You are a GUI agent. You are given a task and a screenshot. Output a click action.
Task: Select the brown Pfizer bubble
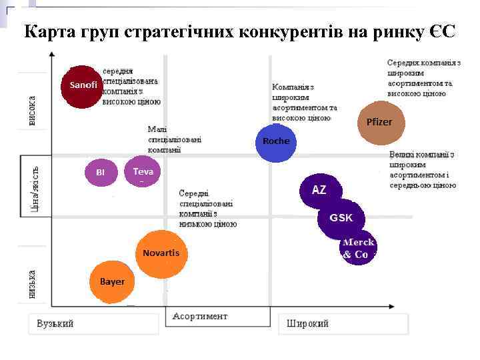coord(379,123)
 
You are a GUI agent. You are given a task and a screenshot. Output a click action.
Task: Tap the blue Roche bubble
coord(275,143)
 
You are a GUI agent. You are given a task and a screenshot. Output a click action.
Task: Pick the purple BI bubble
coord(101,173)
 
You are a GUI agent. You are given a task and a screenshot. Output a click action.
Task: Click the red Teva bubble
coord(142,173)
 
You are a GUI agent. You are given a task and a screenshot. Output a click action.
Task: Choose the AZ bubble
coord(320,191)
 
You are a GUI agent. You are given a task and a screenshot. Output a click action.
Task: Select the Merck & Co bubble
coord(357,249)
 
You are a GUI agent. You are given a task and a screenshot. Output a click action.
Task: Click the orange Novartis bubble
coord(161,253)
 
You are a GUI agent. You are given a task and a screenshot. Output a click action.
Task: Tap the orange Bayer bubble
coord(112,282)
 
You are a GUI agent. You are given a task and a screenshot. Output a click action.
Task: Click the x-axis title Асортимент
coord(200,316)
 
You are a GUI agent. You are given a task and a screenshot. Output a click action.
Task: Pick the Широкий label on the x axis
coord(307,324)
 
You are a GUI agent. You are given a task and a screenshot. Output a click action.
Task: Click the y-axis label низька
coord(32,283)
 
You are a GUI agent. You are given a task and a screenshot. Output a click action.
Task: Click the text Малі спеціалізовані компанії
coord(174,139)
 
